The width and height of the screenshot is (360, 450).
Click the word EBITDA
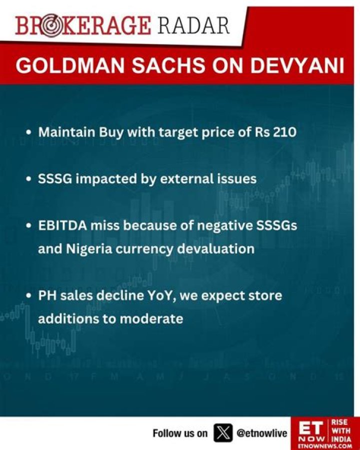(x=62, y=226)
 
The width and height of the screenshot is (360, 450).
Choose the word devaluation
(x=215, y=249)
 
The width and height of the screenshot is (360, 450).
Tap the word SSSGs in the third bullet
(x=276, y=226)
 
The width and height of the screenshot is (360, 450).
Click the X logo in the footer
(x=223, y=433)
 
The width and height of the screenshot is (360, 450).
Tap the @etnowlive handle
(x=261, y=433)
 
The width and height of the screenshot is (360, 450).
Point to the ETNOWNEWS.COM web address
(x=325, y=446)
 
